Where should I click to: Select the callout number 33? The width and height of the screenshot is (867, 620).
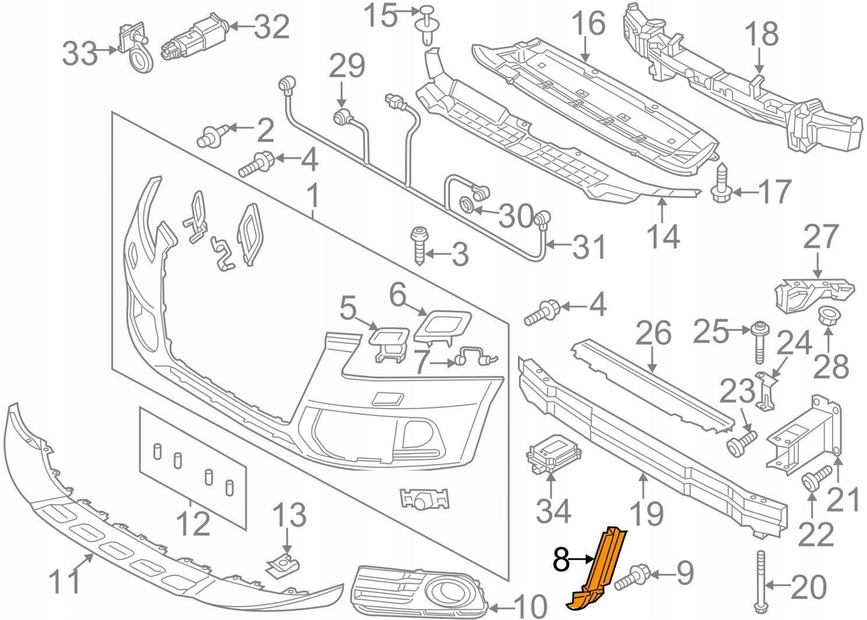click(x=80, y=54)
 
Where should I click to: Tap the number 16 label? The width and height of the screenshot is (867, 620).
click(x=588, y=27)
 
